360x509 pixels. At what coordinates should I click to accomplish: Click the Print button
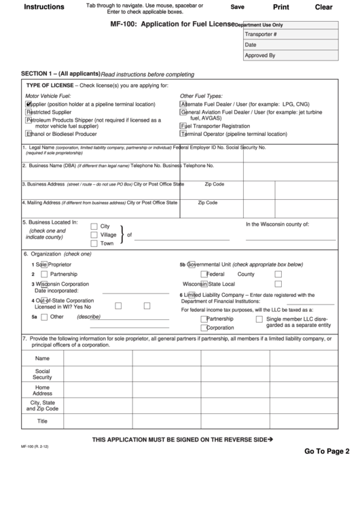[x=281, y=7]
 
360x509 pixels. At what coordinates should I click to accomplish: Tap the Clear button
[x=324, y=7]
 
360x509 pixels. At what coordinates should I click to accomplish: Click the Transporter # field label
[x=262, y=33]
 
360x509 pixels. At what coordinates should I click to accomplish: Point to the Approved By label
[x=260, y=56]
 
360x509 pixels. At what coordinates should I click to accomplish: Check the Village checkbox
[x=94, y=234]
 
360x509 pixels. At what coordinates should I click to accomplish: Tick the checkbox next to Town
[x=94, y=243]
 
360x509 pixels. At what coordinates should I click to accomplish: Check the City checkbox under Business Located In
[x=94, y=226]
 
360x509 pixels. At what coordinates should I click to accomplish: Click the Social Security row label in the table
[x=42, y=374]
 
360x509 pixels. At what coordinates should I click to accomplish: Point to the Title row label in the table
[x=42, y=421]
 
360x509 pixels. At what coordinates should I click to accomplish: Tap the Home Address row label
[x=42, y=390]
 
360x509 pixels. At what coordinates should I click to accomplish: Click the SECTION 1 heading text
[x=60, y=73]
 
